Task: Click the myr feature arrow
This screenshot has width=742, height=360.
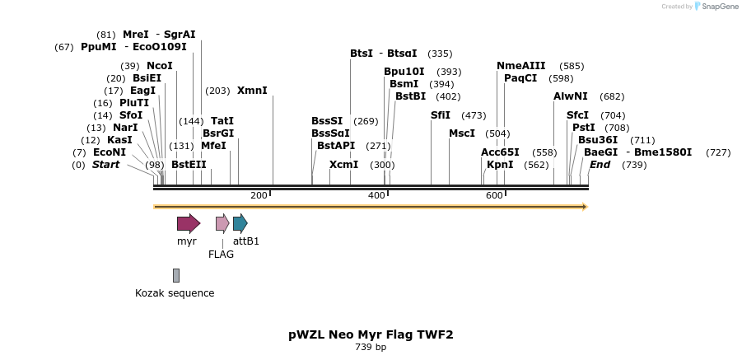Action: (x=188, y=222)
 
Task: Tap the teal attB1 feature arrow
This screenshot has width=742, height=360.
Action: (x=240, y=222)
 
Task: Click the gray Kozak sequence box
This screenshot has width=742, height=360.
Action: (x=175, y=275)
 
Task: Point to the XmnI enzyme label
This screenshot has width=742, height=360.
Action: (x=252, y=91)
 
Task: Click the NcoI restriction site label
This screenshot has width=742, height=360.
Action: (x=160, y=66)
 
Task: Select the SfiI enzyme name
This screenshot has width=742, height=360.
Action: (x=441, y=115)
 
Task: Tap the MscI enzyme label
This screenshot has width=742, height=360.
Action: (x=462, y=133)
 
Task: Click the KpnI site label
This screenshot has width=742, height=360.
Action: (x=500, y=165)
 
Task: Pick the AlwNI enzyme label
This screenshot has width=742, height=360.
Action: (x=571, y=96)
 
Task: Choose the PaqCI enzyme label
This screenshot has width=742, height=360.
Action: (x=520, y=78)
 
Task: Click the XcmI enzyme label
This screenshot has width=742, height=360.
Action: (x=343, y=165)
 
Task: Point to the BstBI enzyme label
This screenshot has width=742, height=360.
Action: (x=411, y=96)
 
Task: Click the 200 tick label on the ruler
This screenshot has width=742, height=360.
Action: (x=259, y=195)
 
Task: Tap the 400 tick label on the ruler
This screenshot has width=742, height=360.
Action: (x=376, y=195)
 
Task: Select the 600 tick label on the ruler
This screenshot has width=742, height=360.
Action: (x=494, y=195)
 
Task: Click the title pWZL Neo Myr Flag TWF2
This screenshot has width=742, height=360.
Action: (x=371, y=334)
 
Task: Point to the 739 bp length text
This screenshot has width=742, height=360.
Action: (x=371, y=347)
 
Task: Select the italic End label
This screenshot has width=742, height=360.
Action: (x=600, y=165)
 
